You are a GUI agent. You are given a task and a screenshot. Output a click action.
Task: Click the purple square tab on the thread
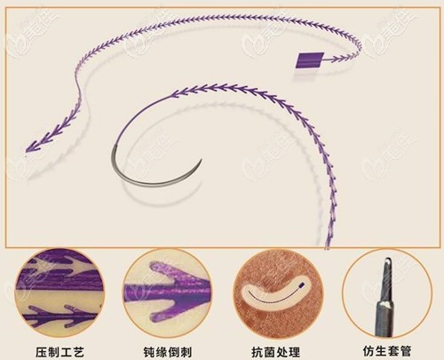tap(308, 61)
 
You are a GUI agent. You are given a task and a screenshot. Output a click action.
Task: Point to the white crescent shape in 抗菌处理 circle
tap(271, 290)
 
